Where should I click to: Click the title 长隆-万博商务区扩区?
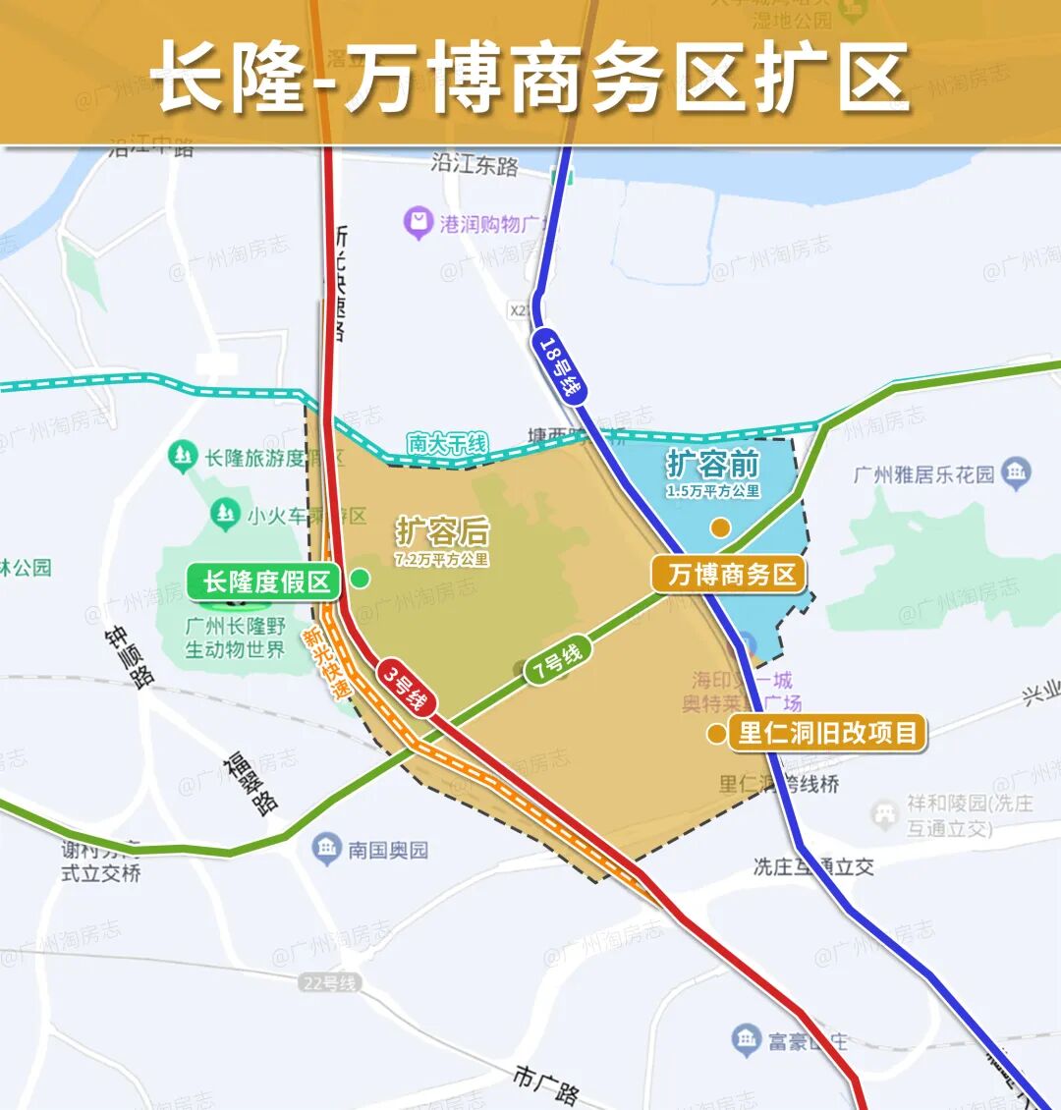(530, 77)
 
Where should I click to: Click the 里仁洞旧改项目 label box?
(827, 733)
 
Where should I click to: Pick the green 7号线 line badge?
(557, 660)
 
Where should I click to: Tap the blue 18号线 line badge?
(558, 365)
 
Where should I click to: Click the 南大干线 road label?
(447, 444)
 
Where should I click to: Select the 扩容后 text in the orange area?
(442, 531)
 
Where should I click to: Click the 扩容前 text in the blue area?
(712, 464)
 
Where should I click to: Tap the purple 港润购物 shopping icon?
(418, 223)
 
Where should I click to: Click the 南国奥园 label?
(387, 850)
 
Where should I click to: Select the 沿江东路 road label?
(475, 163)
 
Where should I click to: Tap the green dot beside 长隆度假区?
(361, 579)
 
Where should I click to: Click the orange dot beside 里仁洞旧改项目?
(716, 734)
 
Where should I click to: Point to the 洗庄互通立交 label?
(813, 866)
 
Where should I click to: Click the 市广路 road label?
(546, 1082)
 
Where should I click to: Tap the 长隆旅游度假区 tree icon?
(182, 457)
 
